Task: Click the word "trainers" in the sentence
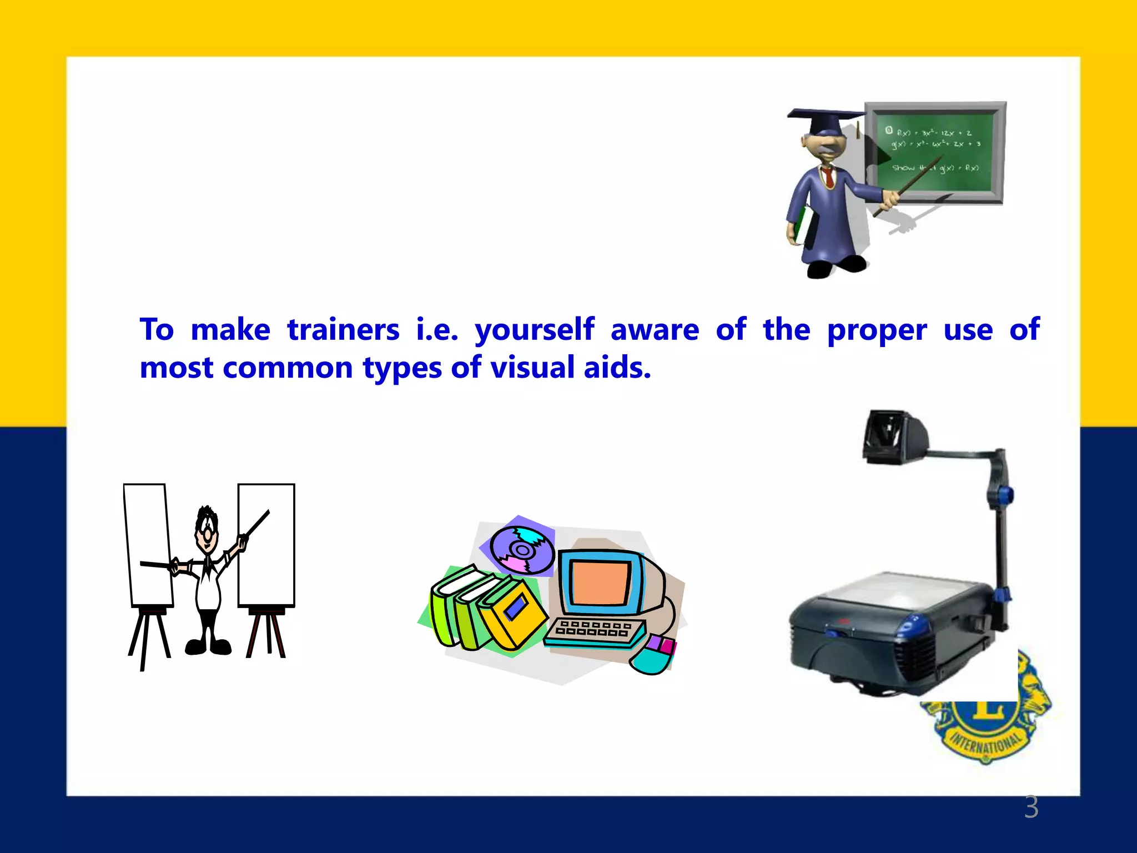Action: click(343, 330)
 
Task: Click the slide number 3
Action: click(1031, 807)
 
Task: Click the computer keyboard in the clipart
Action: click(594, 632)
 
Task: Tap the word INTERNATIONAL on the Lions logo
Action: click(986, 742)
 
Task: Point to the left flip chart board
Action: click(148, 544)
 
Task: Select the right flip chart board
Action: click(267, 544)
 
